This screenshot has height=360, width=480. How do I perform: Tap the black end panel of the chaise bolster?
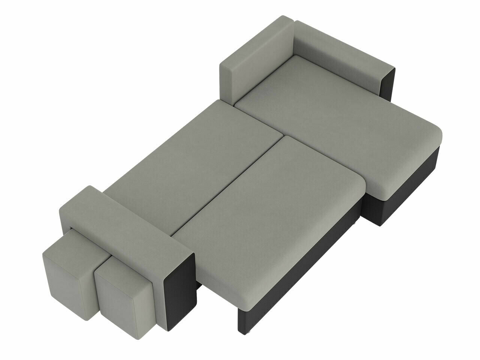pyautogui.click(x=388, y=84)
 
